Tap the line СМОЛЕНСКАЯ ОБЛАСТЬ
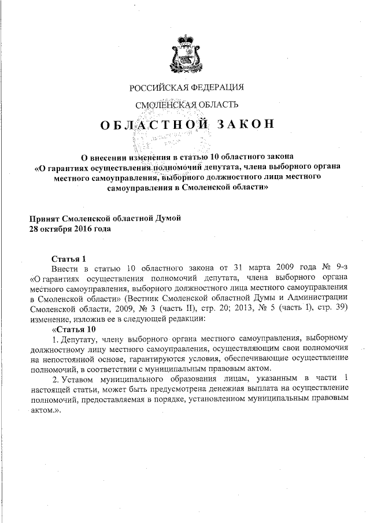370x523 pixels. [x=186, y=105]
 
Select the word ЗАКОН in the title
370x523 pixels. [x=242, y=125]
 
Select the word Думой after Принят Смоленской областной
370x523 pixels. [x=167, y=218]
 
